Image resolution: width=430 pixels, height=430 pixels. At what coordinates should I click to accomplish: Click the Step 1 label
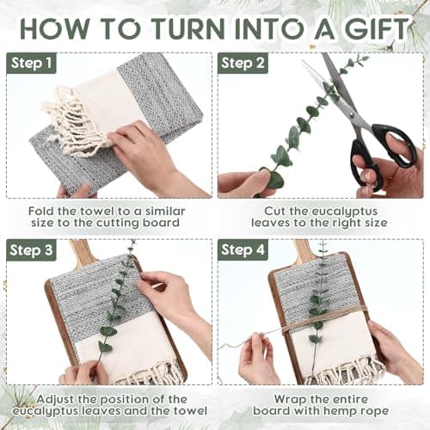point(31,63)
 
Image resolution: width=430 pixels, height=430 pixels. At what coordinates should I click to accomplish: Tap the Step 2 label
point(243,63)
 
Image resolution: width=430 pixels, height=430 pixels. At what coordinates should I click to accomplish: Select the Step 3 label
point(31,250)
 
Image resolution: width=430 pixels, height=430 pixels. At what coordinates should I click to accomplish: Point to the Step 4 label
point(243,250)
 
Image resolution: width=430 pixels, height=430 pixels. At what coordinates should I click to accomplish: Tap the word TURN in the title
point(187,28)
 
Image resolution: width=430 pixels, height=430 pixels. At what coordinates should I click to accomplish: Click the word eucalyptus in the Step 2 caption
point(345,212)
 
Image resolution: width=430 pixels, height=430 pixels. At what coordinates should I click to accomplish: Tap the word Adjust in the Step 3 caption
point(55,399)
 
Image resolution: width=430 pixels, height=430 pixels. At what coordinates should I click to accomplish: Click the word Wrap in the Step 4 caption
point(290,399)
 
